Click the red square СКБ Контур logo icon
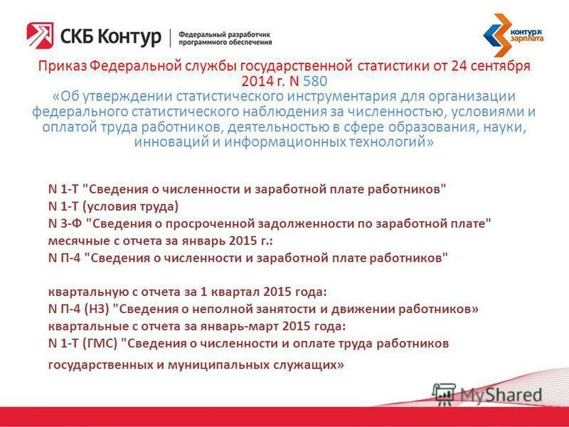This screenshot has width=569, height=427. [x=39, y=35]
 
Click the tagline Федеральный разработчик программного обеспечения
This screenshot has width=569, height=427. [x=224, y=37]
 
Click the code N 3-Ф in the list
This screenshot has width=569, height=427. [x=64, y=223]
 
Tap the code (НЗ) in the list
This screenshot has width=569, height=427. [x=96, y=309]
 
